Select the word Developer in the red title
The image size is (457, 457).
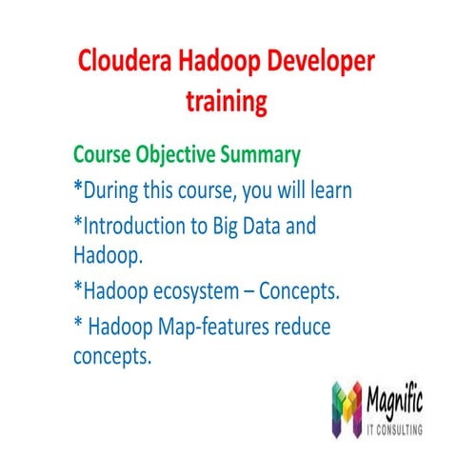[316, 63]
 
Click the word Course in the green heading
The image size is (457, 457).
[102, 154]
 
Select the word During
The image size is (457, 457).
[114, 189]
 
